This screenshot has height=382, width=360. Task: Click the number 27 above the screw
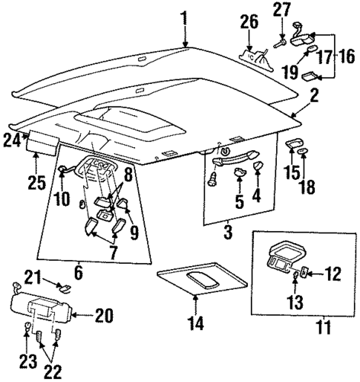tap(282, 10)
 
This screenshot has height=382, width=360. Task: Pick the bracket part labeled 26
tap(255, 55)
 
